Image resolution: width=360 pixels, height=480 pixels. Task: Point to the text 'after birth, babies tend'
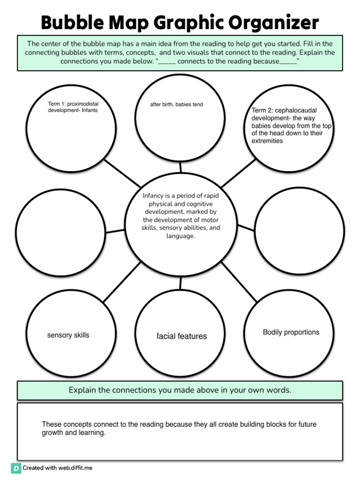tap(176, 105)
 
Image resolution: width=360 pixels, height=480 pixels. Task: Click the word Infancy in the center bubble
tap(153, 195)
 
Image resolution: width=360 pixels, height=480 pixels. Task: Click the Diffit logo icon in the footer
tap(16, 468)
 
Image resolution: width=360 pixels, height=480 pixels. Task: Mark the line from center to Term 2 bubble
tap(238, 174)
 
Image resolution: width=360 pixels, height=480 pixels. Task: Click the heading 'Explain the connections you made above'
tap(180, 390)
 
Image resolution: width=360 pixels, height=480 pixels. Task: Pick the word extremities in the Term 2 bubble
tap(267, 141)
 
